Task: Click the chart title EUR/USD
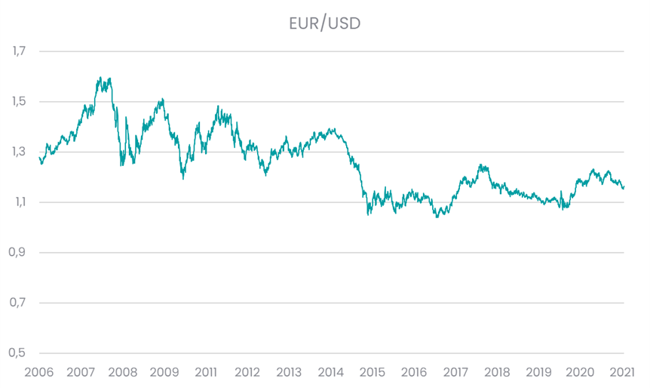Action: pyautogui.click(x=325, y=23)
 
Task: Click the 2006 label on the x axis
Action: pyautogui.click(x=38, y=372)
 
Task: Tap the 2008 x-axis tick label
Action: pyautogui.click(x=122, y=372)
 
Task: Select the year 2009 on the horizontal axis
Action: pyautogui.click(x=164, y=372)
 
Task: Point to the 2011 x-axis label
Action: pyautogui.click(x=206, y=372)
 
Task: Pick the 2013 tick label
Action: pyautogui.click(x=289, y=372)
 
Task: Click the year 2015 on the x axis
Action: pyautogui.click(x=373, y=372)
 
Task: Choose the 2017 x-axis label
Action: pyautogui.click(x=455, y=372)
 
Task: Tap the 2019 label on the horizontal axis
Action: pyautogui.click(x=539, y=372)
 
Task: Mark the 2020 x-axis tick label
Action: pyautogui.click(x=581, y=372)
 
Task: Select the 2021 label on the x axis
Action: pyautogui.click(x=622, y=372)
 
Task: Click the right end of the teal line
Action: pyautogui.click(x=624, y=186)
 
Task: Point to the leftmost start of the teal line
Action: pyautogui.click(x=38, y=156)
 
